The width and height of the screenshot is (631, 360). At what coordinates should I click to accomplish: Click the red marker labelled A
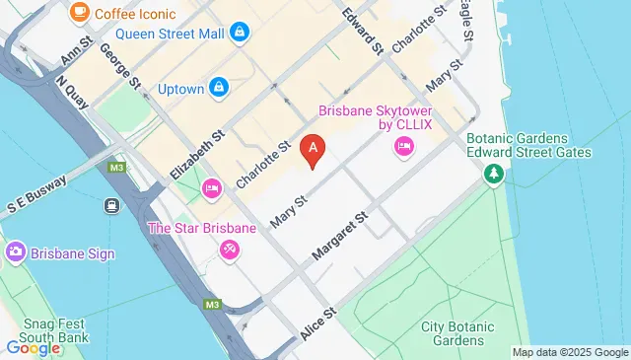pos(314,150)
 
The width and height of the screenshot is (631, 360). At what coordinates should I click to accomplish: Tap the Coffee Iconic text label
pos(136,15)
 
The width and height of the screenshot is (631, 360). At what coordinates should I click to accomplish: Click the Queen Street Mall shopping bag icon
pos(240,33)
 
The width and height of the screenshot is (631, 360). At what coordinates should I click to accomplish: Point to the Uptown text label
pos(180,89)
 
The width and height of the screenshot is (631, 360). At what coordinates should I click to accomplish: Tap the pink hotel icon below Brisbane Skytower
pos(403,148)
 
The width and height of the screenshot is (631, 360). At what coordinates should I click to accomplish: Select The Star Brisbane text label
pos(201,228)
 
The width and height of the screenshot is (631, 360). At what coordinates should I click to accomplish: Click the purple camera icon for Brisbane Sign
pos(15,253)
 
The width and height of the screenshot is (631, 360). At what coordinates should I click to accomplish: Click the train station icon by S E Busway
pos(111,206)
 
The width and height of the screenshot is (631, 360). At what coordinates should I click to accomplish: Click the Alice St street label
pos(318,323)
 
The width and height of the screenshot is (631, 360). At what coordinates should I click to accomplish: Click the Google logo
pos(34,347)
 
